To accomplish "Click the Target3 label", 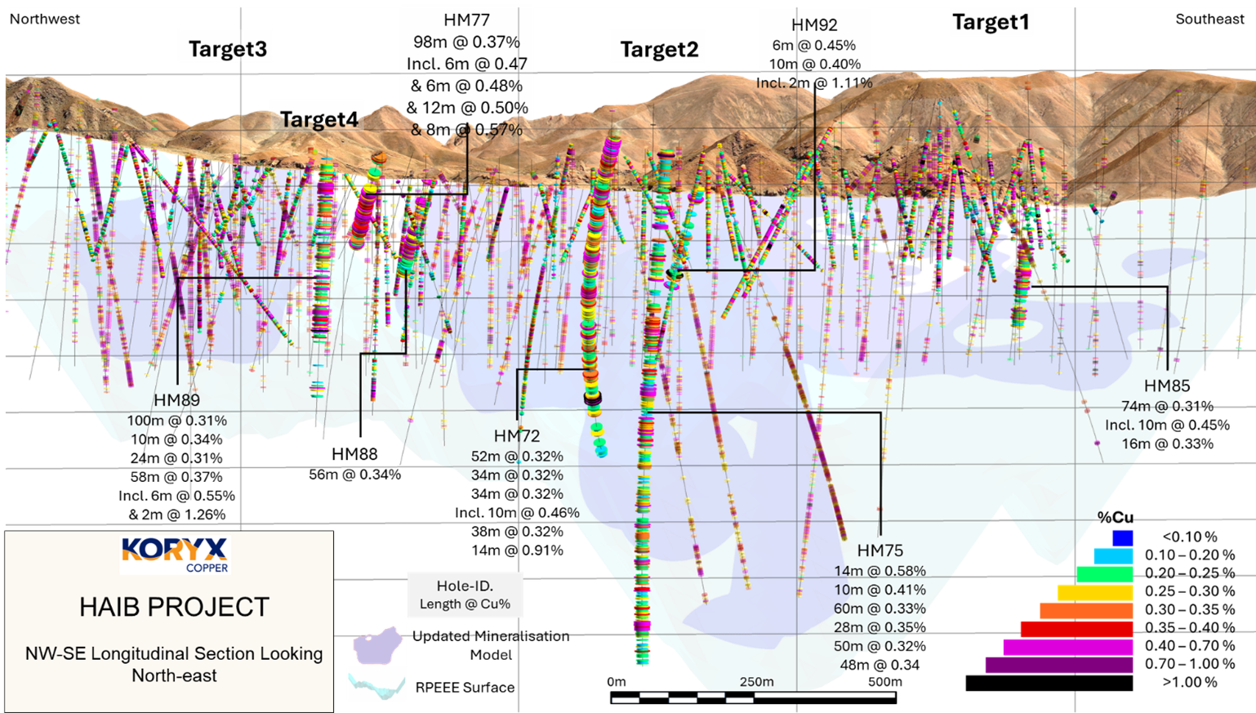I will [227, 50].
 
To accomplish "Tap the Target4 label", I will [318, 120].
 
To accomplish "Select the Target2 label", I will [659, 51].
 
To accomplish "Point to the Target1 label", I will [990, 23].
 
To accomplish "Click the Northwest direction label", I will [45, 20].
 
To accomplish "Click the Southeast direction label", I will [1209, 20].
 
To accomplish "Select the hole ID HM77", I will [466, 20].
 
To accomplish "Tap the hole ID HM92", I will [814, 26].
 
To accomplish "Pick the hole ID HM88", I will [354, 454].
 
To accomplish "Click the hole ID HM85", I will [1166, 386].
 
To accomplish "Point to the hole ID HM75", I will [880, 551].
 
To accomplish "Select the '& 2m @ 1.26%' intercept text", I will [176, 515].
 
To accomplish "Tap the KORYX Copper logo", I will [175, 554].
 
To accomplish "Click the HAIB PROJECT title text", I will [174, 608].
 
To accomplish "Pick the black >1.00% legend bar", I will [1049, 683].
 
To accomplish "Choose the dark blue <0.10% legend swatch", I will [1122, 537].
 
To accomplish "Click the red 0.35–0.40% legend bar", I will [1076, 628].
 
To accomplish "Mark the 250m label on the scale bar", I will [756, 682].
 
